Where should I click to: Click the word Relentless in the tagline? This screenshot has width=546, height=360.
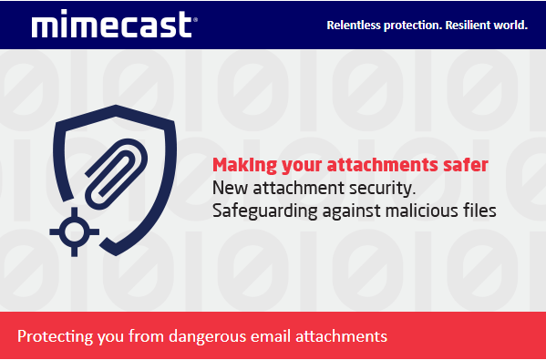(x=353, y=25)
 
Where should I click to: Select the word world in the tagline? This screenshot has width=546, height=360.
(x=510, y=25)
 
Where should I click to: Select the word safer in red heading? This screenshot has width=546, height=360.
(x=466, y=165)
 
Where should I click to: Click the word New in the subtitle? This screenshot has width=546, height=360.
(x=228, y=189)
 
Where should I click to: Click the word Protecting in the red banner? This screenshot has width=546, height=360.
(x=54, y=335)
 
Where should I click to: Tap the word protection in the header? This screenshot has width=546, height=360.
(x=409, y=25)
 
